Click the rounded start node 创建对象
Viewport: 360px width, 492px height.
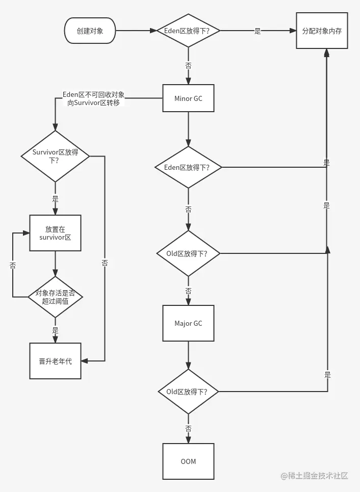90,31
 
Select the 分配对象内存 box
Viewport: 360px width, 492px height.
322,31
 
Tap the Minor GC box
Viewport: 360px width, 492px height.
188,98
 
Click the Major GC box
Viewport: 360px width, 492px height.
188,323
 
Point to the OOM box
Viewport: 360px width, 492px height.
188,461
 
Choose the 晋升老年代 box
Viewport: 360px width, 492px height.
55,361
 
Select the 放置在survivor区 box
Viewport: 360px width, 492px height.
55,234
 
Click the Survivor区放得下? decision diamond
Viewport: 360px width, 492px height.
55,156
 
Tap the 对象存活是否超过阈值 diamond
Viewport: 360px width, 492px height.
55,297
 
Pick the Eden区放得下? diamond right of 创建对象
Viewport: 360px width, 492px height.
188,31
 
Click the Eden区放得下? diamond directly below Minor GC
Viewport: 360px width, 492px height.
188,167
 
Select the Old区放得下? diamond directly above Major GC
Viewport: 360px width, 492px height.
188,253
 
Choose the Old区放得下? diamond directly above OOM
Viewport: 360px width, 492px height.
188,392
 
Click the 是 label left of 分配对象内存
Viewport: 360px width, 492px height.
258,31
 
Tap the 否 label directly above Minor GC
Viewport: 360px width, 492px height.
188,65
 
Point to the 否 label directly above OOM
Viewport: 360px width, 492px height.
188,429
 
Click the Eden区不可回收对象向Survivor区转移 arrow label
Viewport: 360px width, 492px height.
93,98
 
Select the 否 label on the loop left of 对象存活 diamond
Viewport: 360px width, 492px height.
12,265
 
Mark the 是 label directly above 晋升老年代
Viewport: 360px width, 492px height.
55,331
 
